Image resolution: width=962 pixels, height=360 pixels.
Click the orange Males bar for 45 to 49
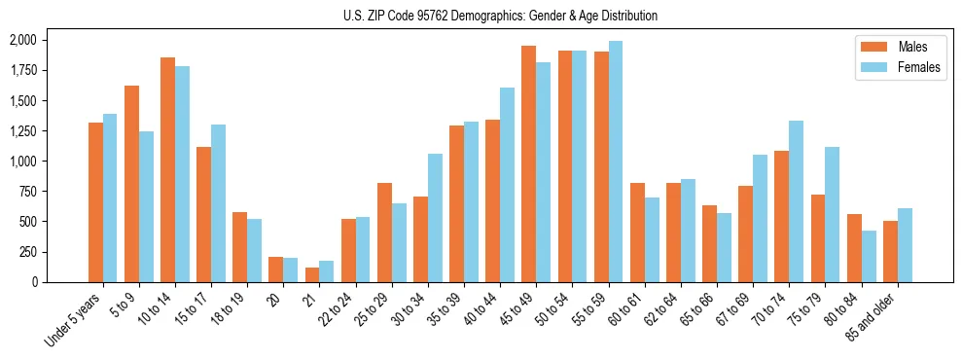click(x=528, y=163)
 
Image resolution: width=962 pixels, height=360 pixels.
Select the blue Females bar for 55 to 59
click(x=616, y=162)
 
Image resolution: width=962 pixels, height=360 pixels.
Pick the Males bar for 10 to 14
click(x=167, y=169)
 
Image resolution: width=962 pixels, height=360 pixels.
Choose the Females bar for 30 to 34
click(x=435, y=218)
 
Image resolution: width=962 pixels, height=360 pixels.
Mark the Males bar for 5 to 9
click(x=131, y=184)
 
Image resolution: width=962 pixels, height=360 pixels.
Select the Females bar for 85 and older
click(x=905, y=245)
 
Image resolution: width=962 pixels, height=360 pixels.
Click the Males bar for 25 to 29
click(x=384, y=233)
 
